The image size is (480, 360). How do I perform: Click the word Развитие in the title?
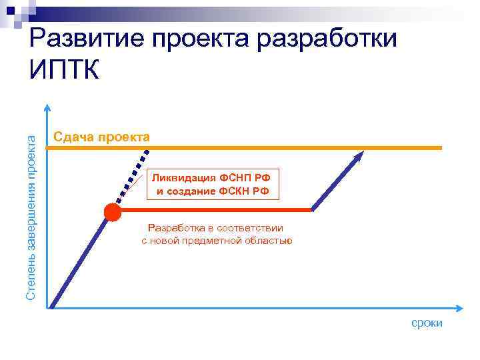(x=87, y=39)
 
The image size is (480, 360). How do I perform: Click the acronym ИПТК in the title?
(x=65, y=69)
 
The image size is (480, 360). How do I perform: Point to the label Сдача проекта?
(x=102, y=137)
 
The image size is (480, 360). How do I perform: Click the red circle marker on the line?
(x=112, y=212)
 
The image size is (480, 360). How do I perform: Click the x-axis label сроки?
(x=427, y=323)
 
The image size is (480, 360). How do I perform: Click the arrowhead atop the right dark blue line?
(x=360, y=155)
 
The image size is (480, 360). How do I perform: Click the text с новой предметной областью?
(x=217, y=241)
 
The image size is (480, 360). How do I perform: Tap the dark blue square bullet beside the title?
(x=11, y=9)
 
